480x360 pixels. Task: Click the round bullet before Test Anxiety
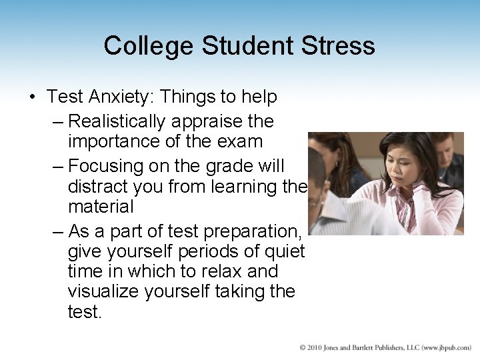coord(33,97)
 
